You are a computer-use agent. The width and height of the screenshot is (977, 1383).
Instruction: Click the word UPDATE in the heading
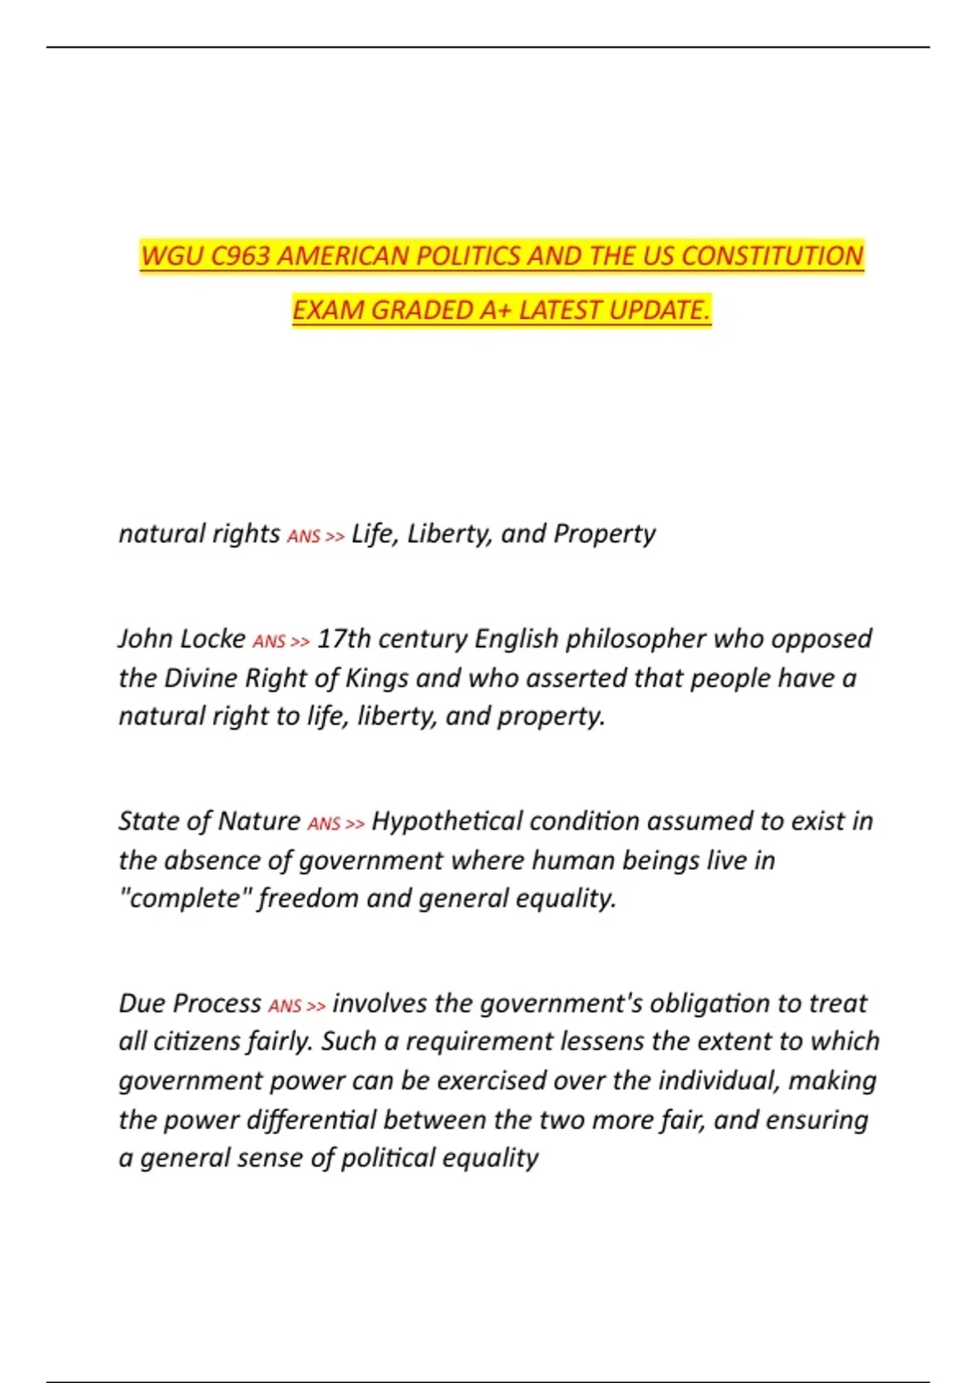click(657, 311)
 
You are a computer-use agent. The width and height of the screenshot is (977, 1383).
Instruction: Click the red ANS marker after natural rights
click(304, 537)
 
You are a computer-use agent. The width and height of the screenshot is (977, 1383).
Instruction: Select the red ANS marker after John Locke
click(269, 642)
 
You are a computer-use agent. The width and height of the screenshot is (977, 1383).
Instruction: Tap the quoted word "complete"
click(185, 898)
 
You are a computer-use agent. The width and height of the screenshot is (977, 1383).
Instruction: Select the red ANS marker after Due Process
click(285, 1006)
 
